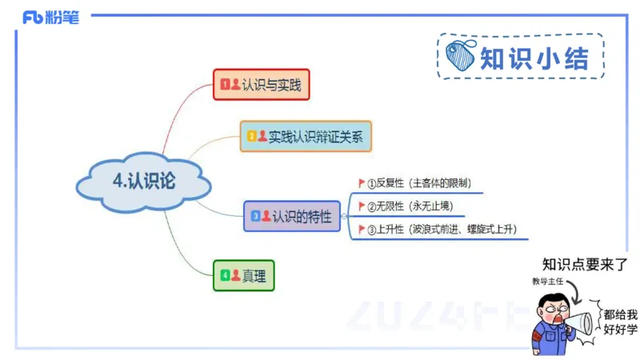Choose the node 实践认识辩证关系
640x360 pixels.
click(x=306, y=136)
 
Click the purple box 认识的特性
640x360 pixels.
click(x=292, y=216)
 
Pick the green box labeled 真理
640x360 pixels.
click(x=243, y=275)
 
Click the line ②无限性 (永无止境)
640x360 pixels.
click(x=408, y=206)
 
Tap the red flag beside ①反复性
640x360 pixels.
click(x=361, y=182)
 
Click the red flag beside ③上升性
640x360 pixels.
click(x=361, y=230)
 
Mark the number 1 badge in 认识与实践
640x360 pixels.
click(x=225, y=83)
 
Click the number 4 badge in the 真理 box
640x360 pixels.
click(x=225, y=275)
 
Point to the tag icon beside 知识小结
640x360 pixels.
click(x=462, y=57)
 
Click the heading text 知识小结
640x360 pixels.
click(x=534, y=58)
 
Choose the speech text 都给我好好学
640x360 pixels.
click(x=621, y=322)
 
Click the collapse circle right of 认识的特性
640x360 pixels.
click(x=344, y=216)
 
